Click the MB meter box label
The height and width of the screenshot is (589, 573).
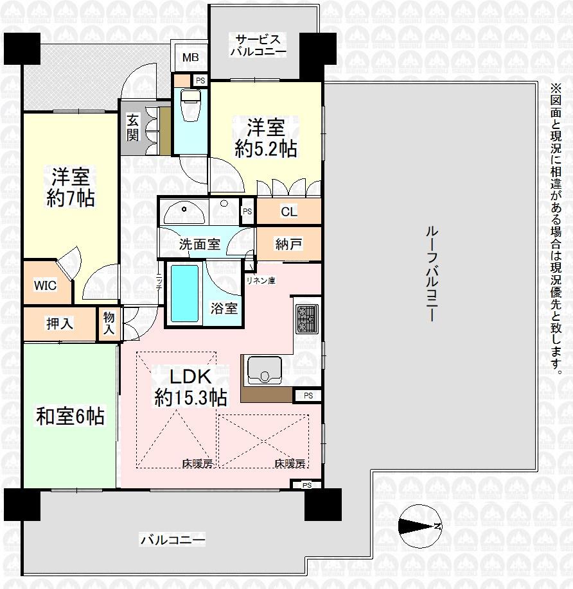pyautogui.click(x=190, y=58)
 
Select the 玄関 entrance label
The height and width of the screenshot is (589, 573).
pyautogui.click(x=133, y=127)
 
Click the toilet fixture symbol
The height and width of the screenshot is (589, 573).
pyautogui.click(x=191, y=106)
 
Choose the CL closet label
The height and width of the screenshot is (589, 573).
pyautogui.click(x=288, y=212)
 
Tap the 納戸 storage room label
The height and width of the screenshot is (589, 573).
pyautogui.click(x=288, y=244)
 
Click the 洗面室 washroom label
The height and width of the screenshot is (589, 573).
pyautogui.click(x=199, y=244)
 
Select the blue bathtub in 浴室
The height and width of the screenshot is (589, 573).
pyautogui.click(x=185, y=294)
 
